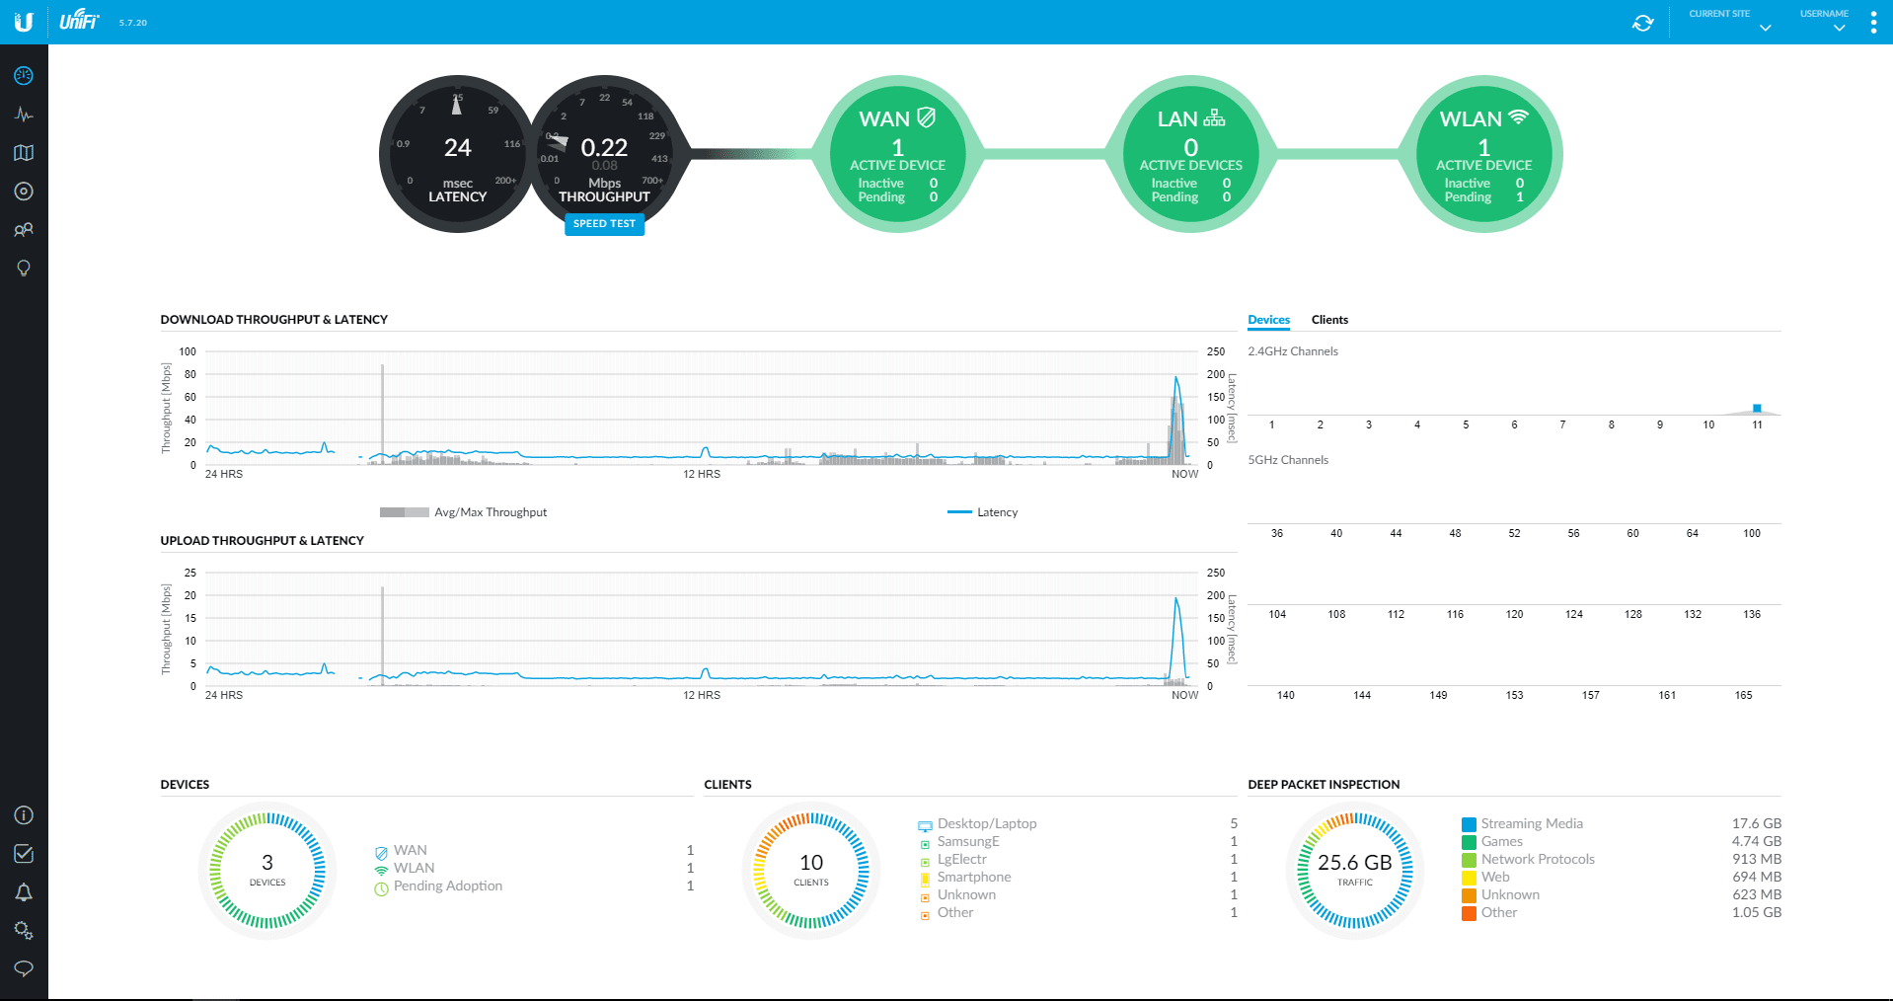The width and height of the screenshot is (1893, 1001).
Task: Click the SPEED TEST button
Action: (x=604, y=224)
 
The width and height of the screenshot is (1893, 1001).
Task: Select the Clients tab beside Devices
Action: (x=1328, y=320)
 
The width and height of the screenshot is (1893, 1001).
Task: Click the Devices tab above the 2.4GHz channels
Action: (x=1268, y=320)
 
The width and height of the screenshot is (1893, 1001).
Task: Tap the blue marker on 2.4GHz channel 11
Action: (x=1757, y=408)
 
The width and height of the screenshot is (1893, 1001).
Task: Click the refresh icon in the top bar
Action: (x=1642, y=23)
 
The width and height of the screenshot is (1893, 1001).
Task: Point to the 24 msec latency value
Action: (x=457, y=148)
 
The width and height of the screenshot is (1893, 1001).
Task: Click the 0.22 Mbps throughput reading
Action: (x=604, y=148)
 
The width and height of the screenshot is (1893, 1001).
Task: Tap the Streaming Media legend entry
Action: (x=1531, y=823)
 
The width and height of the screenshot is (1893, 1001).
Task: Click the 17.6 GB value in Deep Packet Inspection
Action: (x=1756, y=823)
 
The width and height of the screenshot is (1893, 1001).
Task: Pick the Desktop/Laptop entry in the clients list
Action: (x=986, y=823)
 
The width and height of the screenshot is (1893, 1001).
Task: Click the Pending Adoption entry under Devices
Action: (x=447, y=885)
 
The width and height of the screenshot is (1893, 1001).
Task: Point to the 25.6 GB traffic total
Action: (x=1354, y=863)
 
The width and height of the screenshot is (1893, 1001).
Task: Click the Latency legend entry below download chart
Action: (x=996, y=512)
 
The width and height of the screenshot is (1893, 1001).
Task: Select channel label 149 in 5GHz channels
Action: (x=1438, y=695)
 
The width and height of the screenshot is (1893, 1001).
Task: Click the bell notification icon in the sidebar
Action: (x=24, y=892)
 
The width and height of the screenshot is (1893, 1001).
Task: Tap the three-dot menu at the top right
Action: (x=1873, y=23)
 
